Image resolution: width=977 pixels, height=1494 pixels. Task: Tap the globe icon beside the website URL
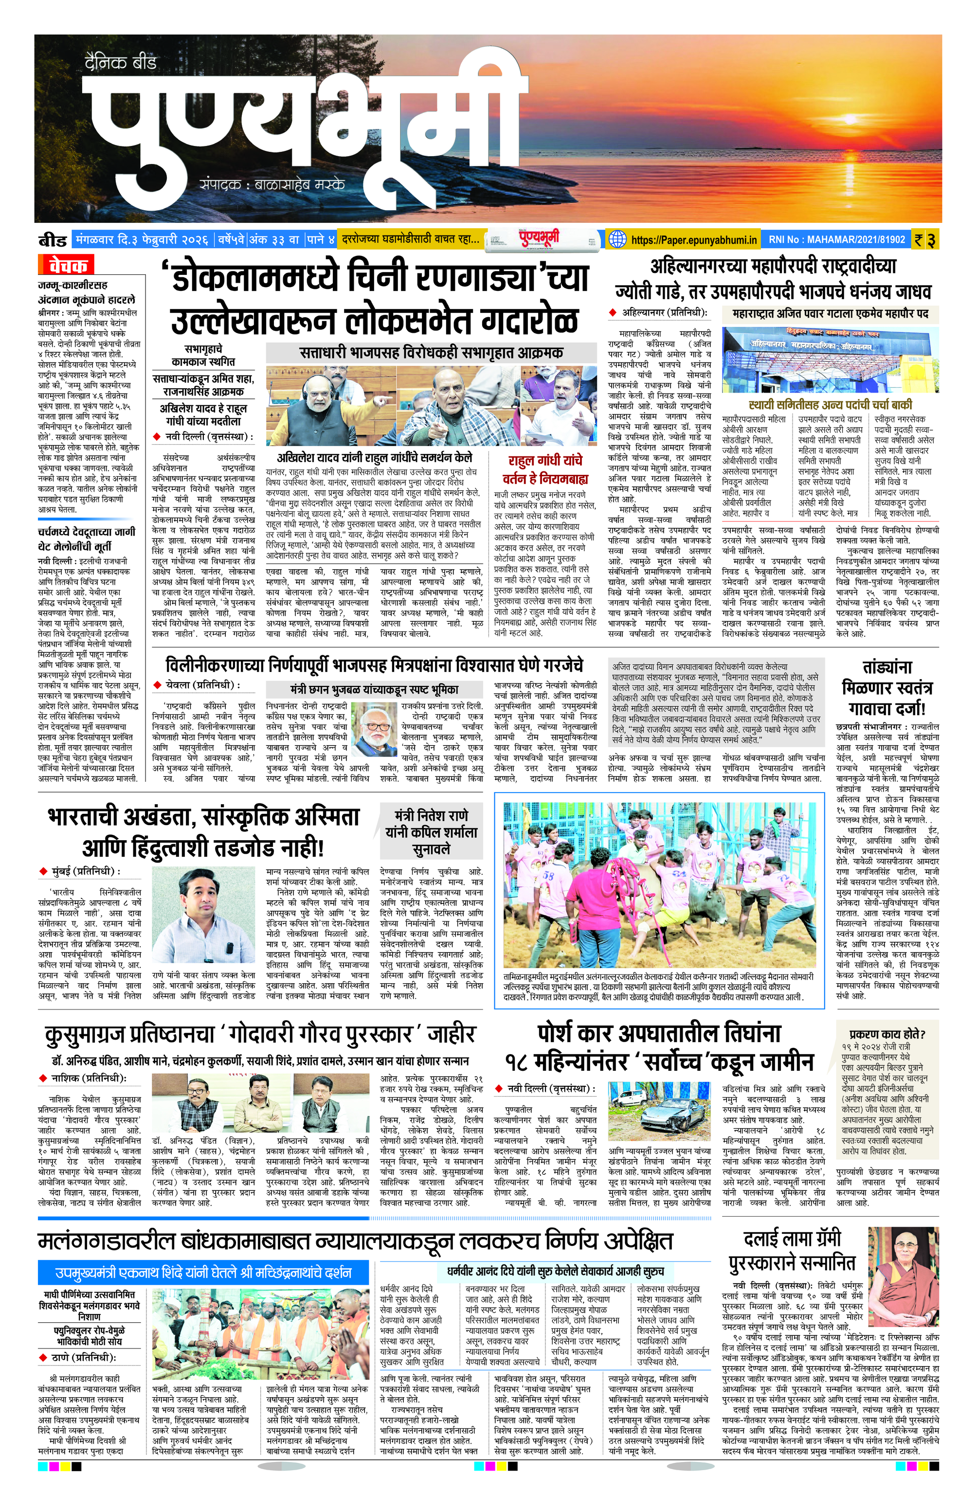click(x=618, y=239)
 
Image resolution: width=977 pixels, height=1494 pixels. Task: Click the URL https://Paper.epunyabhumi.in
click(x=694, y=240)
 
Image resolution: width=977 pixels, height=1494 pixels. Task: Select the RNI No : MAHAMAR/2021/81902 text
click(x=837, y=240)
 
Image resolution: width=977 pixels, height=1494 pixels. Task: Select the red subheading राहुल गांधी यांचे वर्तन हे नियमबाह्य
click(x=544, y=469)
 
